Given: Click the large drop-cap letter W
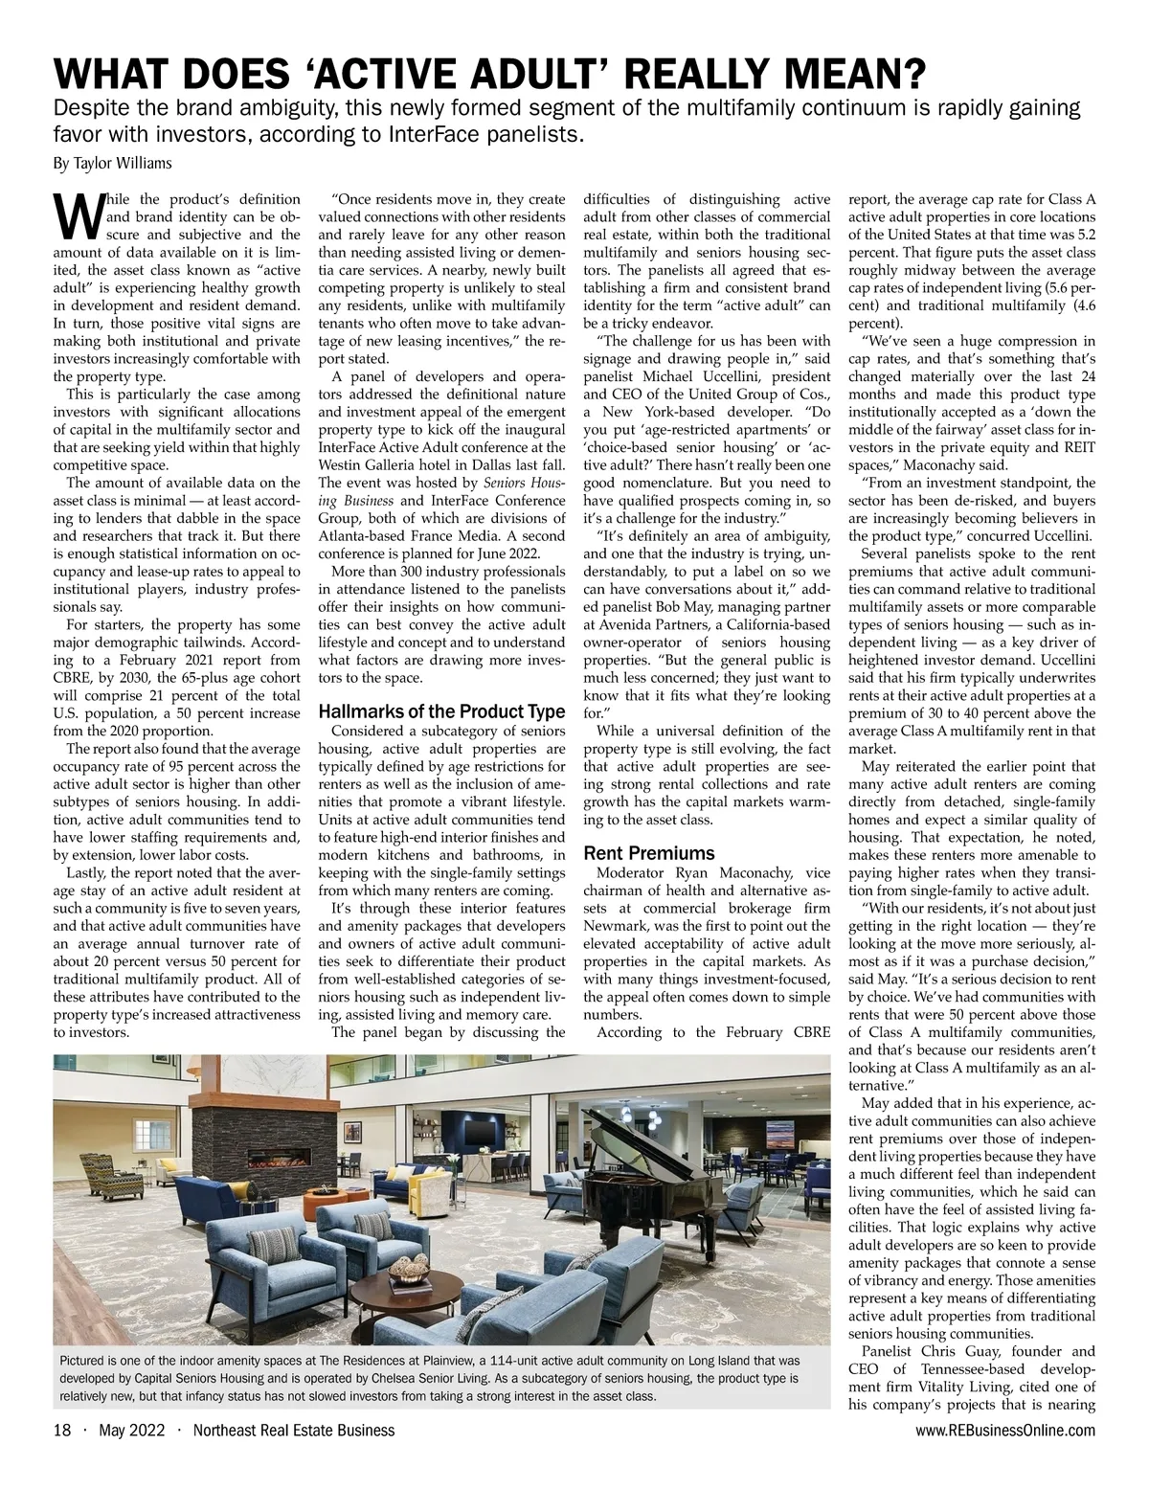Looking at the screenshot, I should (75, 217).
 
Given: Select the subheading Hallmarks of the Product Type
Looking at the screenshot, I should (440, 711).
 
